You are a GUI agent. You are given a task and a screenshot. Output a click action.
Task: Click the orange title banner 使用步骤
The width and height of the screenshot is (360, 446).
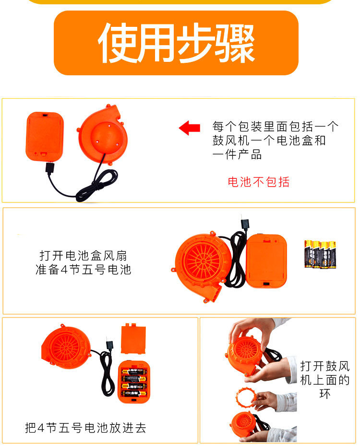click(x=176, y=43)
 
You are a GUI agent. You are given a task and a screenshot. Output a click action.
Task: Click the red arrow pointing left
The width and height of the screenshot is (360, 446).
click(x=190, y=128)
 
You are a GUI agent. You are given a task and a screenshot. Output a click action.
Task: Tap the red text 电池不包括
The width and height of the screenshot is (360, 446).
click(x=259, y=182)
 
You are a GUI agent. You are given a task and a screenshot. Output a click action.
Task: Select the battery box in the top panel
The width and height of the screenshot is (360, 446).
click(x=44, y=136)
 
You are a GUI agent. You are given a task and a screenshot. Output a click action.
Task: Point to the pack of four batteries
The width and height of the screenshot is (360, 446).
click(x=320, y=254)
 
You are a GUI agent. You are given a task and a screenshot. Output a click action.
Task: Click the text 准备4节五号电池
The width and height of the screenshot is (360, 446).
click(x=83, y=270)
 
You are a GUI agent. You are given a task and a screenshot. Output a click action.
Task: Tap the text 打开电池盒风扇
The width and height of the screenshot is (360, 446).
click(x=83, y=255)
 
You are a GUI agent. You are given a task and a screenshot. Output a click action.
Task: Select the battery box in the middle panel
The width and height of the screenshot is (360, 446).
click(x=266, y=261)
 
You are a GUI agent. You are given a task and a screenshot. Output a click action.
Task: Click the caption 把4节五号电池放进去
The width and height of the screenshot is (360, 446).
click(x=85, y=427)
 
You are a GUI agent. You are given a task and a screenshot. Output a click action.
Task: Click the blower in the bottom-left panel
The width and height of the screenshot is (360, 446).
click(x=66, y=346)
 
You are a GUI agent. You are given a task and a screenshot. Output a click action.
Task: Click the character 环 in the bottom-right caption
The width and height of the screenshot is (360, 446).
click(x=325, y=394)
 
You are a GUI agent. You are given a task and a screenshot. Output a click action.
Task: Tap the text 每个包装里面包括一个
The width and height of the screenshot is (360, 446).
click(x=275, y=127)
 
